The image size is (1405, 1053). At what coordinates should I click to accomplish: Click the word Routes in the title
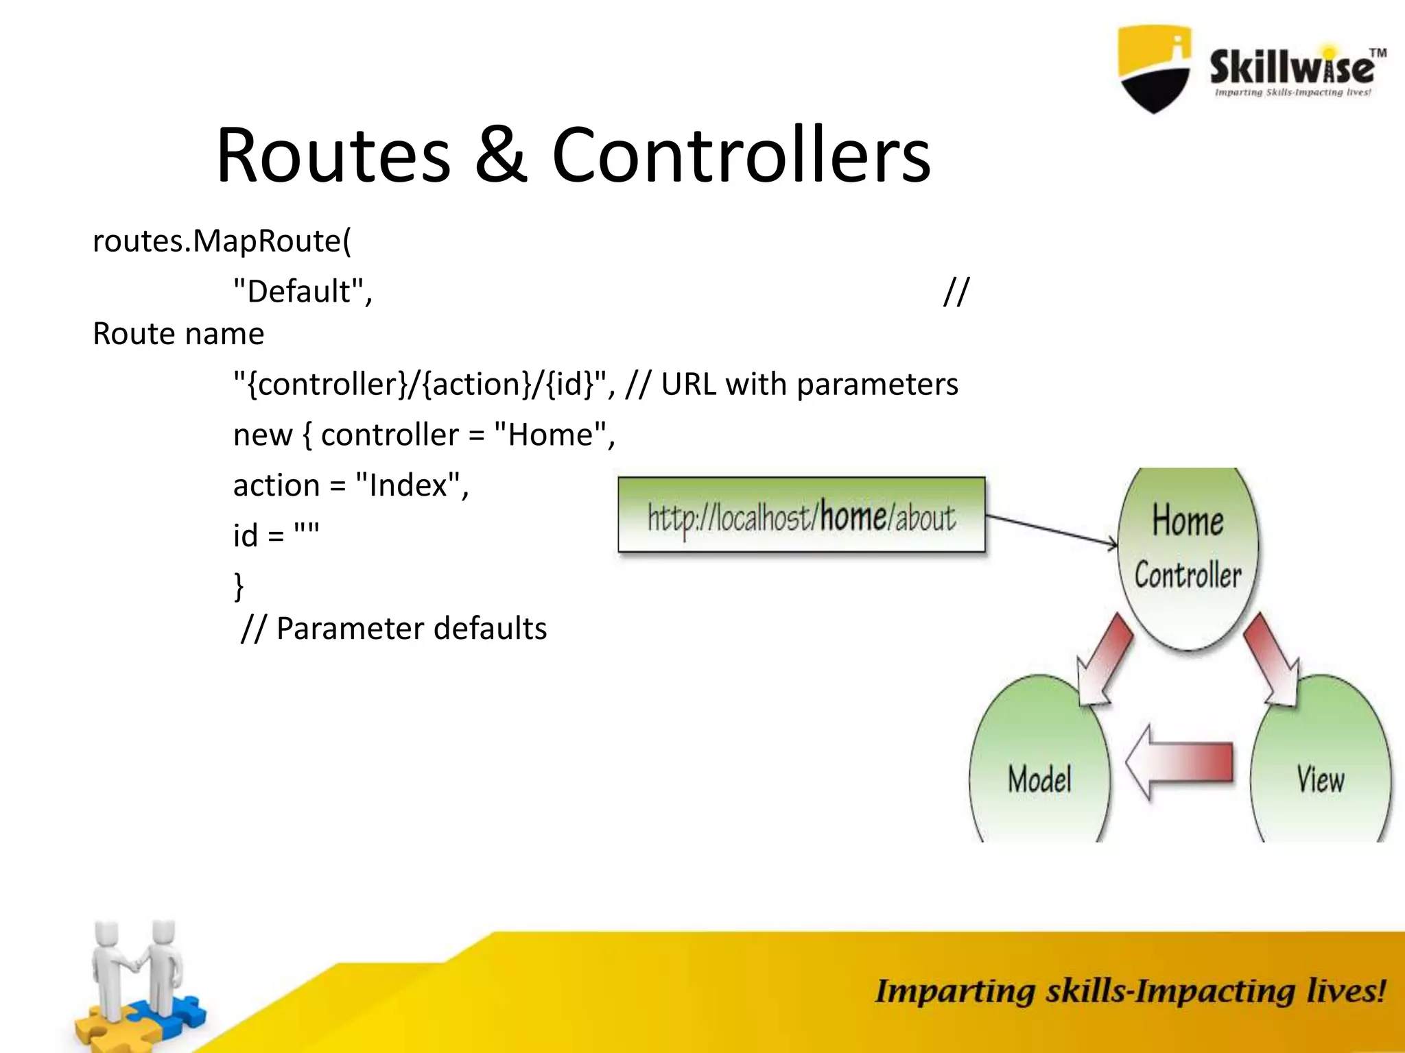(333, 156)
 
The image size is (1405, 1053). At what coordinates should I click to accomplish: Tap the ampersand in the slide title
(501, 156)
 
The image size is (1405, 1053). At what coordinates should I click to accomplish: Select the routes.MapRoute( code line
(222, 241)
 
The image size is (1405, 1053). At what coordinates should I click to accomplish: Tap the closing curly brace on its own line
(239, 587)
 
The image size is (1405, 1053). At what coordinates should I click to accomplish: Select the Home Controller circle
(1188, 555)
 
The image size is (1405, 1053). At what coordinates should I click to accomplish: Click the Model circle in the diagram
(1039, 768)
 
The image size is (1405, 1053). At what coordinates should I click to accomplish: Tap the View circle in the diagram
(1320, 768)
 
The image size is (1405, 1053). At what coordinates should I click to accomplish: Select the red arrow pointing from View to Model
(1179, 762)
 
